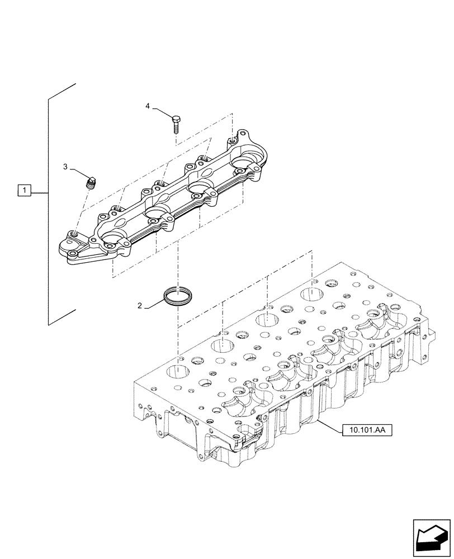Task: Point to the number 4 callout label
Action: [148, 106]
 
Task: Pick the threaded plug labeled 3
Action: [91, 182]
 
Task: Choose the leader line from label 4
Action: [160, 112]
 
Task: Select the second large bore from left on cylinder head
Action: [223, 344]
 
